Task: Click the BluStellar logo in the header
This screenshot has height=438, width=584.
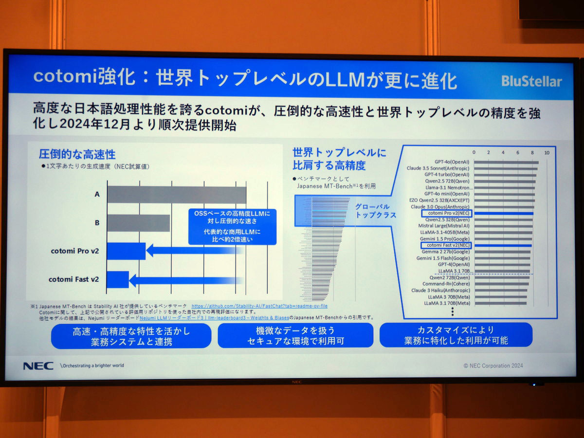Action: [531, 81]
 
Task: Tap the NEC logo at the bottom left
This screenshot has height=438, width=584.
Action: [38, 366]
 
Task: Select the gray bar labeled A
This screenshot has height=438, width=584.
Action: [177, 194]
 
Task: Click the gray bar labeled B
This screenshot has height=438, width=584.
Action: [139, 223]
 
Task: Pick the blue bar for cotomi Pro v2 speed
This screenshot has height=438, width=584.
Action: [126, 251]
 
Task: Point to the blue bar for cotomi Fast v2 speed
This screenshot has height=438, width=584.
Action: [118, 279]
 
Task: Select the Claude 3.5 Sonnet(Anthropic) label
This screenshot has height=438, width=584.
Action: [438, 168]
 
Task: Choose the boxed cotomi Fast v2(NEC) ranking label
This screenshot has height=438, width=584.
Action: [446, 246]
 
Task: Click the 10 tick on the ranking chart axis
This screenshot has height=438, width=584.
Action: [547, 153]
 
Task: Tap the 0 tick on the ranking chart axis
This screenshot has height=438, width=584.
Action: [474, 153]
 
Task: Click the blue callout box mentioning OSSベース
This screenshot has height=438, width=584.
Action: [232, 226]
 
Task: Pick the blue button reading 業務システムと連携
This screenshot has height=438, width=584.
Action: [131, 336]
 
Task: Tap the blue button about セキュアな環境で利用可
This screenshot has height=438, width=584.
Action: [295, 336]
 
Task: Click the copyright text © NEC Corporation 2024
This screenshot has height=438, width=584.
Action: [493, 365]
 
